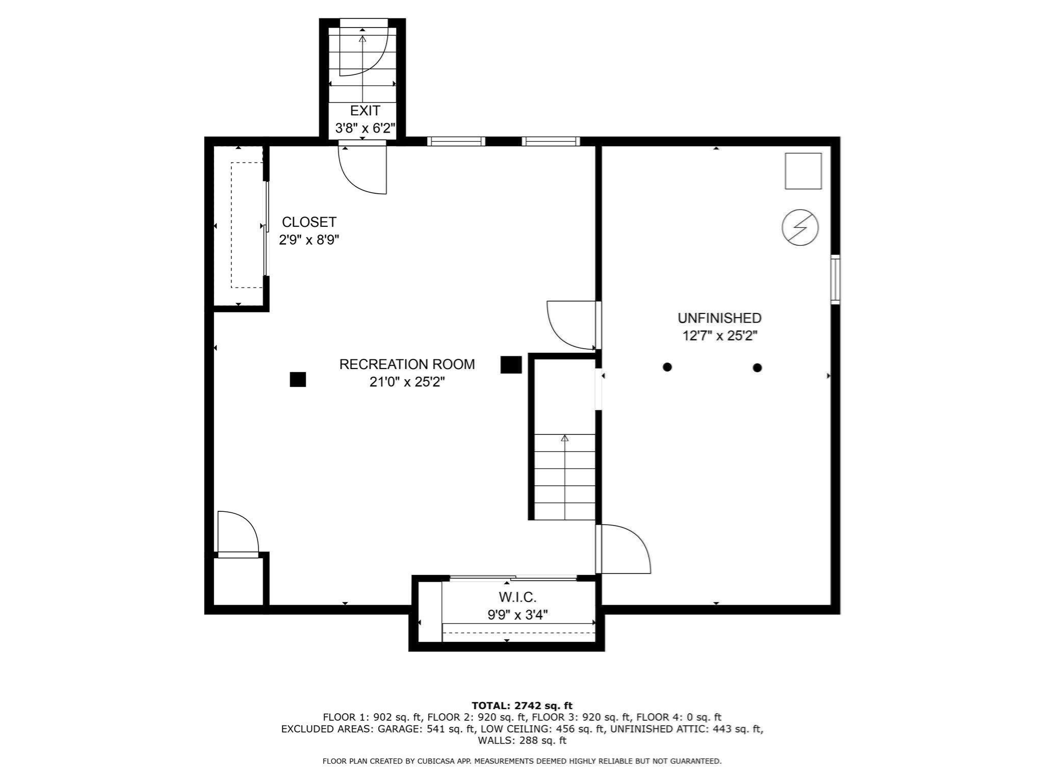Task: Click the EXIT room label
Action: tap(364, 111)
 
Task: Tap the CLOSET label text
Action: tap(309, 222)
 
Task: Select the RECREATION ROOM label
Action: tap(407, 364)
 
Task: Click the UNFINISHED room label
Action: tap(719, 318)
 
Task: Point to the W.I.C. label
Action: tap(517, 597)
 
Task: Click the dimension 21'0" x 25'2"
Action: tap(407, 382)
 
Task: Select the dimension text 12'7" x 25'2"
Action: tap(719, 336)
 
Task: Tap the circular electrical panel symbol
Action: tap(800, 227)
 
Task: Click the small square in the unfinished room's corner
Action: tap(803, 171)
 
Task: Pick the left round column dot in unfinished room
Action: tap(667, 367)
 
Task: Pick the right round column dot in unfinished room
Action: tap(757, 368)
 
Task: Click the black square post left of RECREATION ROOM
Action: tap(298, 380)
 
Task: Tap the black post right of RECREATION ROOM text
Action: tap(511, 365)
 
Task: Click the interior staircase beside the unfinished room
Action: tap(564, 477)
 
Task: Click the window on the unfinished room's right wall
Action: tap(835, 279)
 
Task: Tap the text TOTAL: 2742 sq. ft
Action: tap(521, 706)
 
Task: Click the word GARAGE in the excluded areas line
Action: tap(399, 729)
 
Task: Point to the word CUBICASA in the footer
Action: tap(437, 761)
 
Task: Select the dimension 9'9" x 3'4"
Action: tap(517, 615)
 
